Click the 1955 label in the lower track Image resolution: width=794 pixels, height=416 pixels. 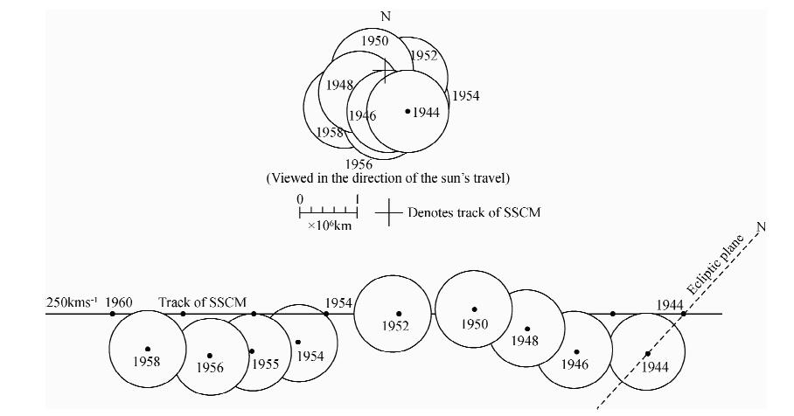tap(265, 364)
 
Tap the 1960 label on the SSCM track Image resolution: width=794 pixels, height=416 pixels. tap(120, 303)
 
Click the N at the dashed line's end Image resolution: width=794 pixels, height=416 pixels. tap(761, 227)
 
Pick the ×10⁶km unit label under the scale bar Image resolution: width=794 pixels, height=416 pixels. tap(329, 225)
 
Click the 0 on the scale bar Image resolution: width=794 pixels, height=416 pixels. tap(300, 199)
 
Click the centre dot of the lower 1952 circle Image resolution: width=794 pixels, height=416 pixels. tap(399, 314)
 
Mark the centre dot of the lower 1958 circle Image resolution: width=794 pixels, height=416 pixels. tap(148, 349)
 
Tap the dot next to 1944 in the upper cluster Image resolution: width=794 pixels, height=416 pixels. tap(407, 111)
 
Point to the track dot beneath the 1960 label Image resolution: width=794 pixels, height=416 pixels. tap(113, 314)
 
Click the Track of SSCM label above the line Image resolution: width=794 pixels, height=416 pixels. tap(198, 303)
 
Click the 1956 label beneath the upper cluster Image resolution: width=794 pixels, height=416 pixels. tap(359, 163)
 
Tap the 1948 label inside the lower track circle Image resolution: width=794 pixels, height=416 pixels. tap(525, 341)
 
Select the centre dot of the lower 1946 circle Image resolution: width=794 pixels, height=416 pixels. tap(576, 352)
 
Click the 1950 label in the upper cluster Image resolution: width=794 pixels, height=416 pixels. tap(374, 40)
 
